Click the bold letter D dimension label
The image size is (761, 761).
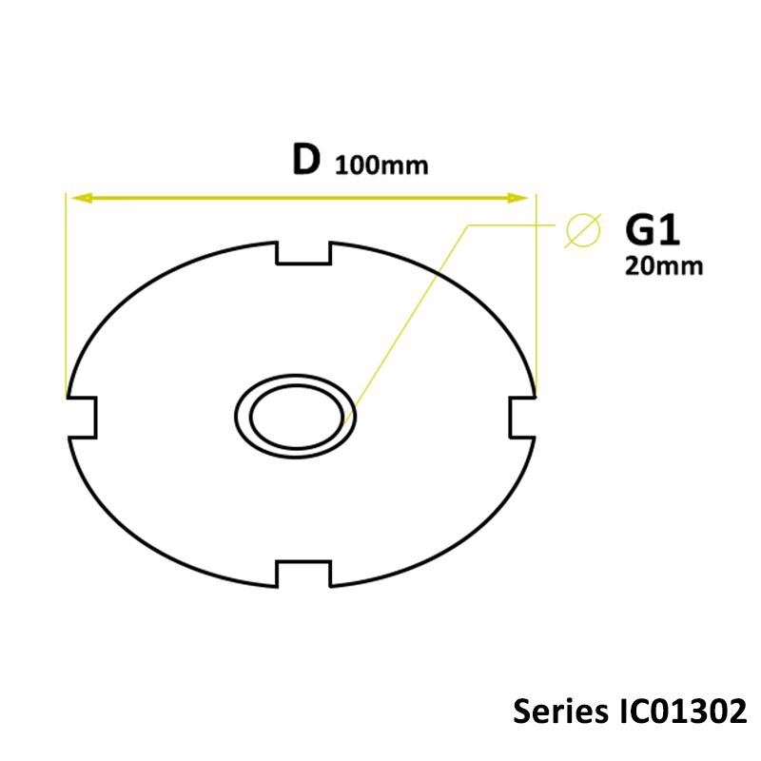point(305,160)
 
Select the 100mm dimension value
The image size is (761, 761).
point(380,165)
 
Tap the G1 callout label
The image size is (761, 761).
point(652,230)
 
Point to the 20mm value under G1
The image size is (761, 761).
point(664,266)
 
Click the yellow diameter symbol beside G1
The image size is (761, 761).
point(582,230)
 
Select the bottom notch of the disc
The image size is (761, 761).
point(303,574)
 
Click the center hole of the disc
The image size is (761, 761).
point(296,415)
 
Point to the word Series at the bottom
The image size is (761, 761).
point(555,712)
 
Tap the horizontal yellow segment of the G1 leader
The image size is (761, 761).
point(514,225)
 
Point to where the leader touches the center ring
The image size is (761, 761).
point(351,411)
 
